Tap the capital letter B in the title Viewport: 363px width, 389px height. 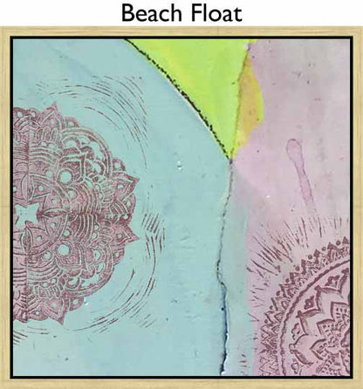(128, 14)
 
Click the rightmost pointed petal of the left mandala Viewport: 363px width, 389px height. (135, 209)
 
